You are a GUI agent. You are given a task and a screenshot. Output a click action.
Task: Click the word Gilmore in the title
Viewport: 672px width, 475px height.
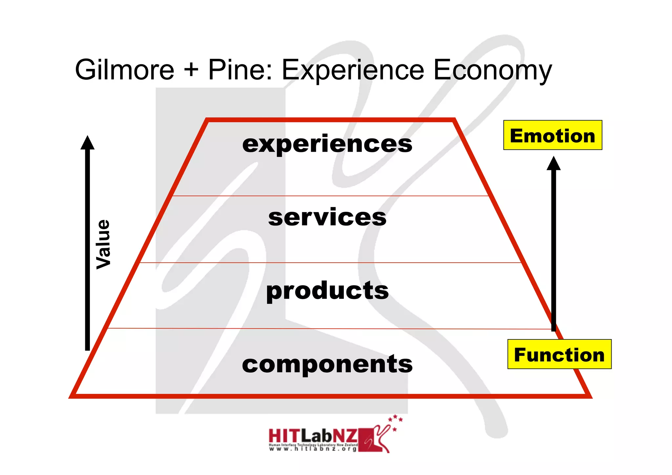tap(124, 70)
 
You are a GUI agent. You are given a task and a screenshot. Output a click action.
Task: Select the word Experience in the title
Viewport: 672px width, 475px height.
tap(353, 70)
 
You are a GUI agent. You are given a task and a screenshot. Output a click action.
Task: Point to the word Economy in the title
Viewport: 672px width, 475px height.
tap(493, 70)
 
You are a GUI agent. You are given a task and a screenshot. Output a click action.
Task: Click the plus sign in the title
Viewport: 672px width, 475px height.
tap(191, 70)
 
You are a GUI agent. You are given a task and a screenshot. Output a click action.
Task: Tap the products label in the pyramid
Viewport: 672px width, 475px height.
tap(327, 291)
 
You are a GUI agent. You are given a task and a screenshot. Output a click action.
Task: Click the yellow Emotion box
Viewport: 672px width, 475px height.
tap(553, 135)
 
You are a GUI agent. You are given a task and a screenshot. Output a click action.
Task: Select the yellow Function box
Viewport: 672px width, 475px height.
tap(559, 354)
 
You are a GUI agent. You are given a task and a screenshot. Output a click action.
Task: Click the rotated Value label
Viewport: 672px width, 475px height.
tap(103, 245)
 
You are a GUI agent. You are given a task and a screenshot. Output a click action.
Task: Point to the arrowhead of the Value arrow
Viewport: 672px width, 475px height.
tap(88, 143)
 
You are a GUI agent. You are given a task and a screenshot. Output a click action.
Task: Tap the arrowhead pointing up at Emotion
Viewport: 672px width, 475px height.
tap(554, 163)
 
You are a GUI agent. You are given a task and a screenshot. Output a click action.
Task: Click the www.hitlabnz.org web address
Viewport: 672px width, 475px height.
tap(313, 449)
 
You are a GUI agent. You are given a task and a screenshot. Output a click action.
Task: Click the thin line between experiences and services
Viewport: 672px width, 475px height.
tap(330, 196)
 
